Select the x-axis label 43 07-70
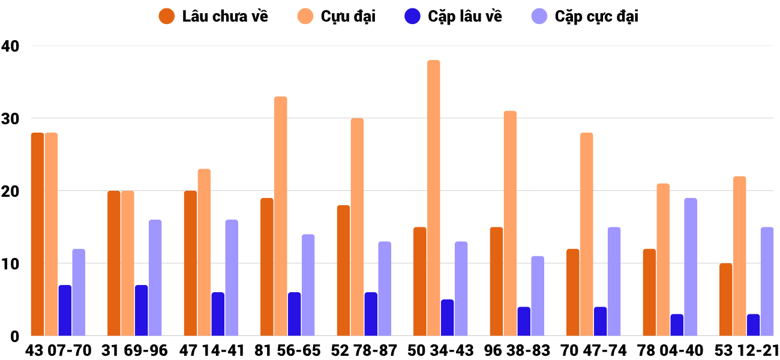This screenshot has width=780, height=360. click(58, 350)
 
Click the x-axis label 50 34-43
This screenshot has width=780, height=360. click(441, 350)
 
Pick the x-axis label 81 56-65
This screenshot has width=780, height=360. click(288, 350)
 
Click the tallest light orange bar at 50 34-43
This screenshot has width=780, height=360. click(434, 198)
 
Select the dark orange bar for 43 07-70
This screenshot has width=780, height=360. click(37, 234)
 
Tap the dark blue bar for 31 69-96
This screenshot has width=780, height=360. click(142, 310)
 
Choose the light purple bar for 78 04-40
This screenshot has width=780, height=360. click(691, 267)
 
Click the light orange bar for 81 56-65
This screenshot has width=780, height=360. click(281, 216)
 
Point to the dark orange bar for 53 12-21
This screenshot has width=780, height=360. click(726, 299)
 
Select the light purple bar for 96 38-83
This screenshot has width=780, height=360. click(538, 296)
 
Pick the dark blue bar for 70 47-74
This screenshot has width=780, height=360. click(601, 321)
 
